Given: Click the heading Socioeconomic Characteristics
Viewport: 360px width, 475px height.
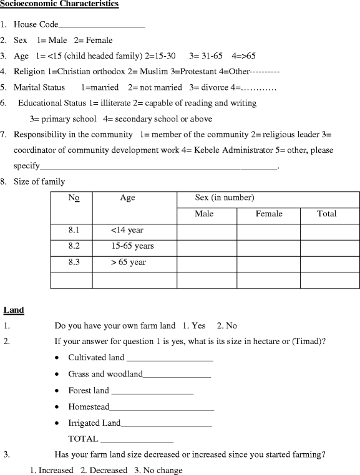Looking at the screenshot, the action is pos(59,4).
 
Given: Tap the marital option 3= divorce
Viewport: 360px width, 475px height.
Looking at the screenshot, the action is pos(209,88).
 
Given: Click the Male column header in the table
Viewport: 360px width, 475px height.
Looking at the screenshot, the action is pos(204,214).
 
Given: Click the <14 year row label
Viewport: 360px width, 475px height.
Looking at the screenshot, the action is pos(127,231).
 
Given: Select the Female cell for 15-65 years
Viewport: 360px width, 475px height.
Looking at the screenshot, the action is pos(268,247).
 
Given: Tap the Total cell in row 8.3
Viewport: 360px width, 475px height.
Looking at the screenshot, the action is pos(329,263).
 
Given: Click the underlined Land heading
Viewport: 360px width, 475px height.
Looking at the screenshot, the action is pos(14,310).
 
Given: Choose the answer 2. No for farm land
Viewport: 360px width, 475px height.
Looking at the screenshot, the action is pos(227,326).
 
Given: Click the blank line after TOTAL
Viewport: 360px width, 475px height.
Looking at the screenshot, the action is pos(137,439).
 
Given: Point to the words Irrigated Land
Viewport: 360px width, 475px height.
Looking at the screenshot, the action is pos(94,423).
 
